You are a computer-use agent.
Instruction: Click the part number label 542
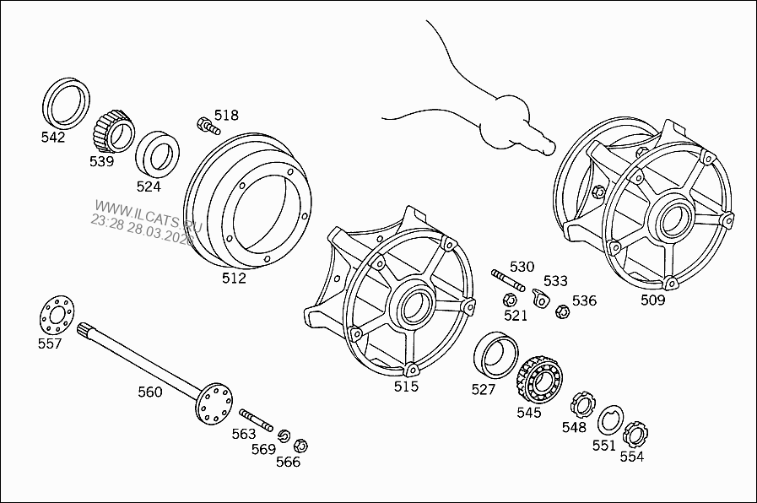point(53,138)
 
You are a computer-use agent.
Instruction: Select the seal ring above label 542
point(66,102)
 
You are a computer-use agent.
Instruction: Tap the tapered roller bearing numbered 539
point(113,132)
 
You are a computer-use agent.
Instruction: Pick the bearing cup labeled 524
point(158,154)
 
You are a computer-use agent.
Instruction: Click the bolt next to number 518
point(208,127)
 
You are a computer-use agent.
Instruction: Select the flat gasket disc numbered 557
point(56,315)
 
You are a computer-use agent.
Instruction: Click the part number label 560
point(150,392)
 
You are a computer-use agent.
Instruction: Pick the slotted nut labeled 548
point(581,403)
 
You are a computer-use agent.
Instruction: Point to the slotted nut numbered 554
point(635,435)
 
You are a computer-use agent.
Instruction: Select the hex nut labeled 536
point(563,311)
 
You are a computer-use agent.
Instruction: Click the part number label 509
point(652,300)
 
